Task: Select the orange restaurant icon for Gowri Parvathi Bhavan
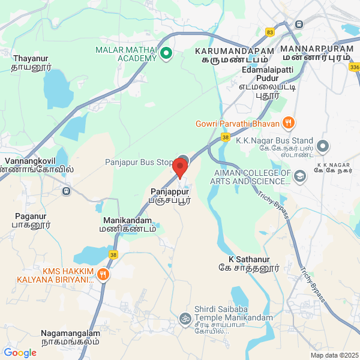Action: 289,124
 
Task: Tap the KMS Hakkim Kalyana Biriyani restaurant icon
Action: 103,275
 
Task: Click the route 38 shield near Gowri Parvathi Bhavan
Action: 225,137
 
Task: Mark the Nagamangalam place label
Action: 70,337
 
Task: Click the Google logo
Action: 20,353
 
